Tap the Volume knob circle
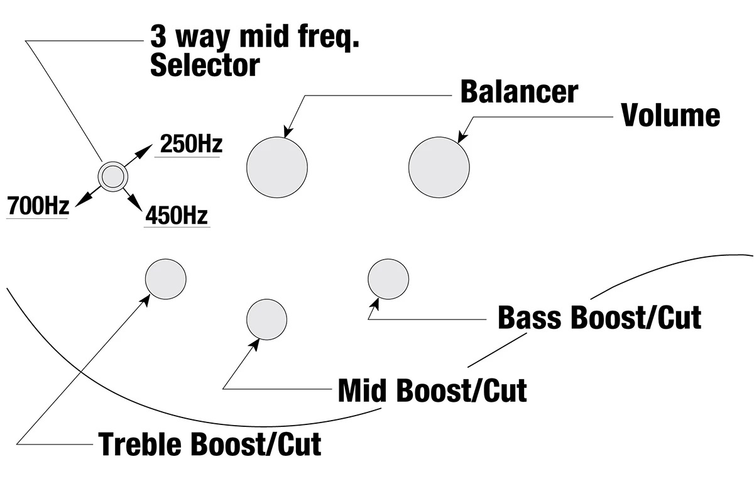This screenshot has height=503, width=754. pyautogui.click(x=439, y=167)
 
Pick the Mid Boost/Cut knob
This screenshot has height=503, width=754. pyautogui.click(x=267, y=320)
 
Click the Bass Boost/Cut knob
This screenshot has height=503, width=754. pyautogui.click(x=388, y=279)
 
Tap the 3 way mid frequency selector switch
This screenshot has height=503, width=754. pyautogui.click(x=113, y=177)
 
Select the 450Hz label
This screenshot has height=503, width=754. pyautogui.click(x=177, y=216)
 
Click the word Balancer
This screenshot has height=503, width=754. pyautogui.click(x=519, y=92)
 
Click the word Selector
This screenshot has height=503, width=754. pyautogui.click(x=205, y=65)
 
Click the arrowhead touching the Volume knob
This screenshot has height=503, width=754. pyautogui.click(x=462, y=138)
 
